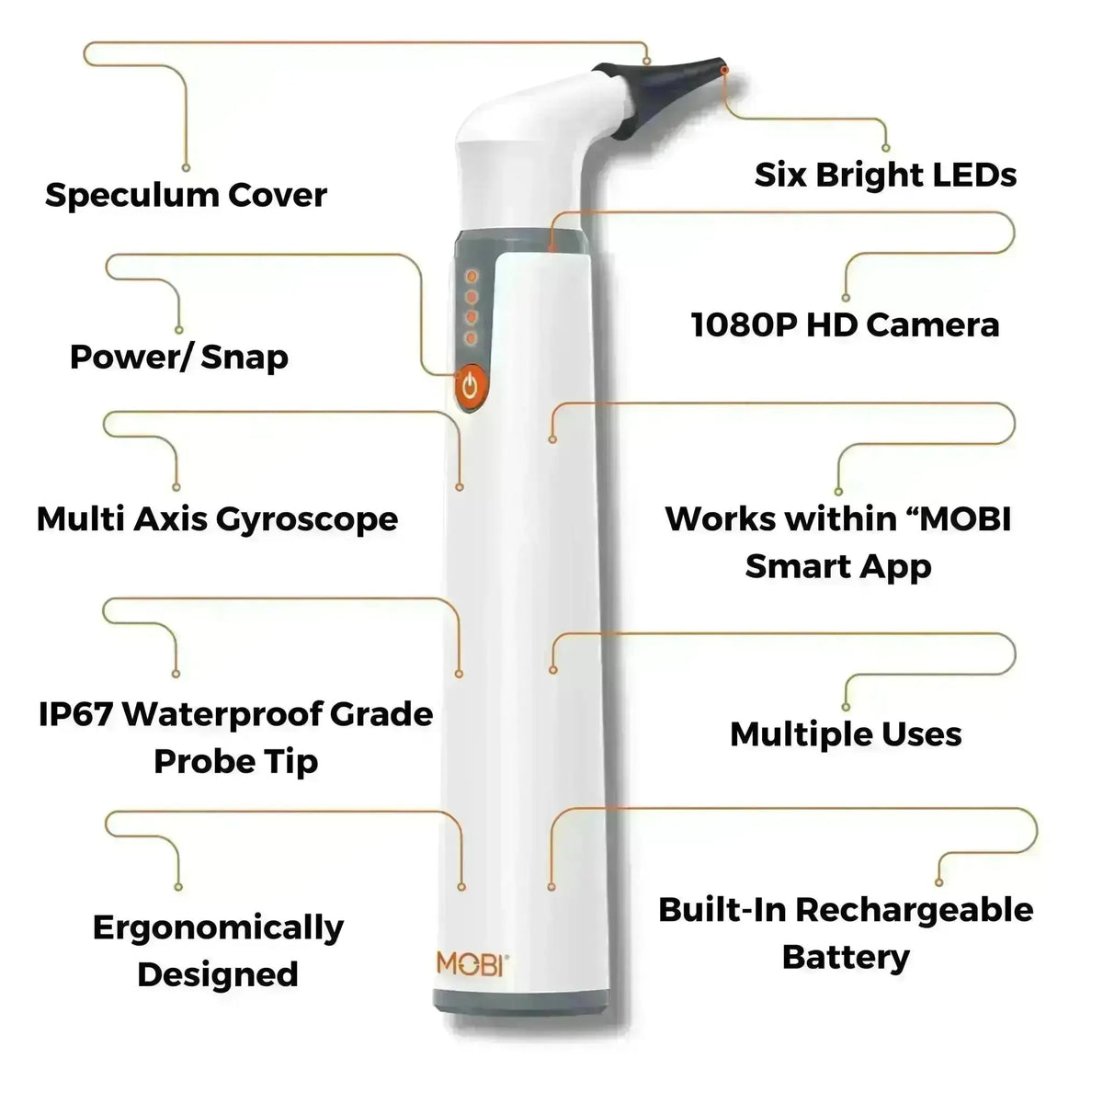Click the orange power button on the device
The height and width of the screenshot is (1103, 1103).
pyautogui.click(x=470, y=387)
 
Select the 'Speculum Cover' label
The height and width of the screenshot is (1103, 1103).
pyautogui.click(x=186, y=195)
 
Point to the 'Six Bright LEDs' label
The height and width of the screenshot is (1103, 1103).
pyautogui.click(x=885, y=174)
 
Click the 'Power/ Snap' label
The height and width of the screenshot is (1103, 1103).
pyautogui.click(x=179, y=357)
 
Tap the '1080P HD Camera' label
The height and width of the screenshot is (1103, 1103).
pyautogui.click(x=845, y=324)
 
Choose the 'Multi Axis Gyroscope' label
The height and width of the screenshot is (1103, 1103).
pyautogui.click(x=217, y=519)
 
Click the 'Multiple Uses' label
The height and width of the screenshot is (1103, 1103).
pyautogui.click(x=846, y=733)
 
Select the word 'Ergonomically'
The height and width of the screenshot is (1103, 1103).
pyautogui.click(x=218, y=927)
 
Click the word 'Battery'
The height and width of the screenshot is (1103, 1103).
pyautogui.click(x=846, y=958)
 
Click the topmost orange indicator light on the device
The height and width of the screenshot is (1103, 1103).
pyautogui.click(x=471, y=275)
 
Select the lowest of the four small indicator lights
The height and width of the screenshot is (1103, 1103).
pyautogui.click(x=471, y=339)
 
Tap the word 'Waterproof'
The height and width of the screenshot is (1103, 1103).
pyautogui.click(x=221, y=714)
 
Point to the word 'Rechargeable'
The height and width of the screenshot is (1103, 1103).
pyautogui.click(x=914, y=910)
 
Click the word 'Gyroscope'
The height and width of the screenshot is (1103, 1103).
pyautogui.click(x=307, y=519)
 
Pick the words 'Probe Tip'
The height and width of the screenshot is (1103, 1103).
pyautogui.click(x=236, y=761)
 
